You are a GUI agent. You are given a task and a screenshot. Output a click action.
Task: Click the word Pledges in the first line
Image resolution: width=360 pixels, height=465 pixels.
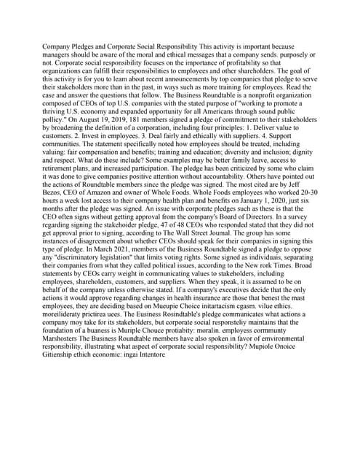coord(89,46)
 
